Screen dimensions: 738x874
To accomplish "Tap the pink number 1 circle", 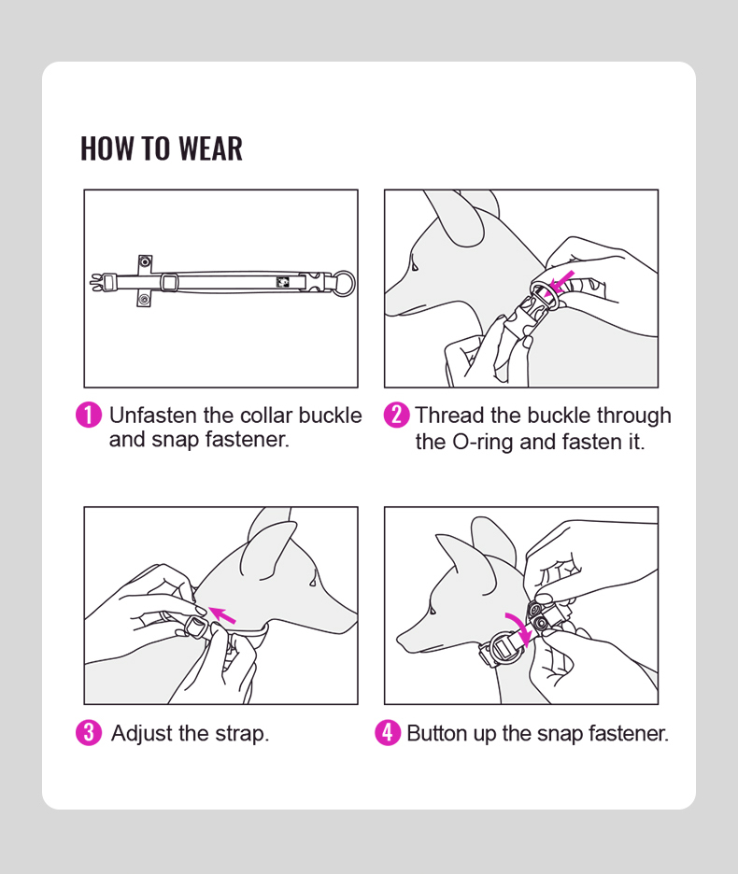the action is (x=89, y=416).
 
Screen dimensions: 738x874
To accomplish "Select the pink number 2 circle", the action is (x=397, y=416).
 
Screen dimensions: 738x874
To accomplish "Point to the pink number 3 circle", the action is (x=89, y=733).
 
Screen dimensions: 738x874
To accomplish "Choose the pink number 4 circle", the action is (x=388, y=733).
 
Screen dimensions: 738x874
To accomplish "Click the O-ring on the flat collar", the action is (x=354, y=284).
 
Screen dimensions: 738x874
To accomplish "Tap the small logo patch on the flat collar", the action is (x=283, y=282).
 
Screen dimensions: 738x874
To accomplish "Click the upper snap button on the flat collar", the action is (x=145, y=261).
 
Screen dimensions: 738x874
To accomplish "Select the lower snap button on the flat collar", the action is (x=145, y=300).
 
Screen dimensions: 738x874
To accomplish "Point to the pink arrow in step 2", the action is (x=561, y=282).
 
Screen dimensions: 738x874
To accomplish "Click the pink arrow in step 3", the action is (x=222, y=614).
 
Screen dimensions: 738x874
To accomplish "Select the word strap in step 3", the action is (x=242, y=735).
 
